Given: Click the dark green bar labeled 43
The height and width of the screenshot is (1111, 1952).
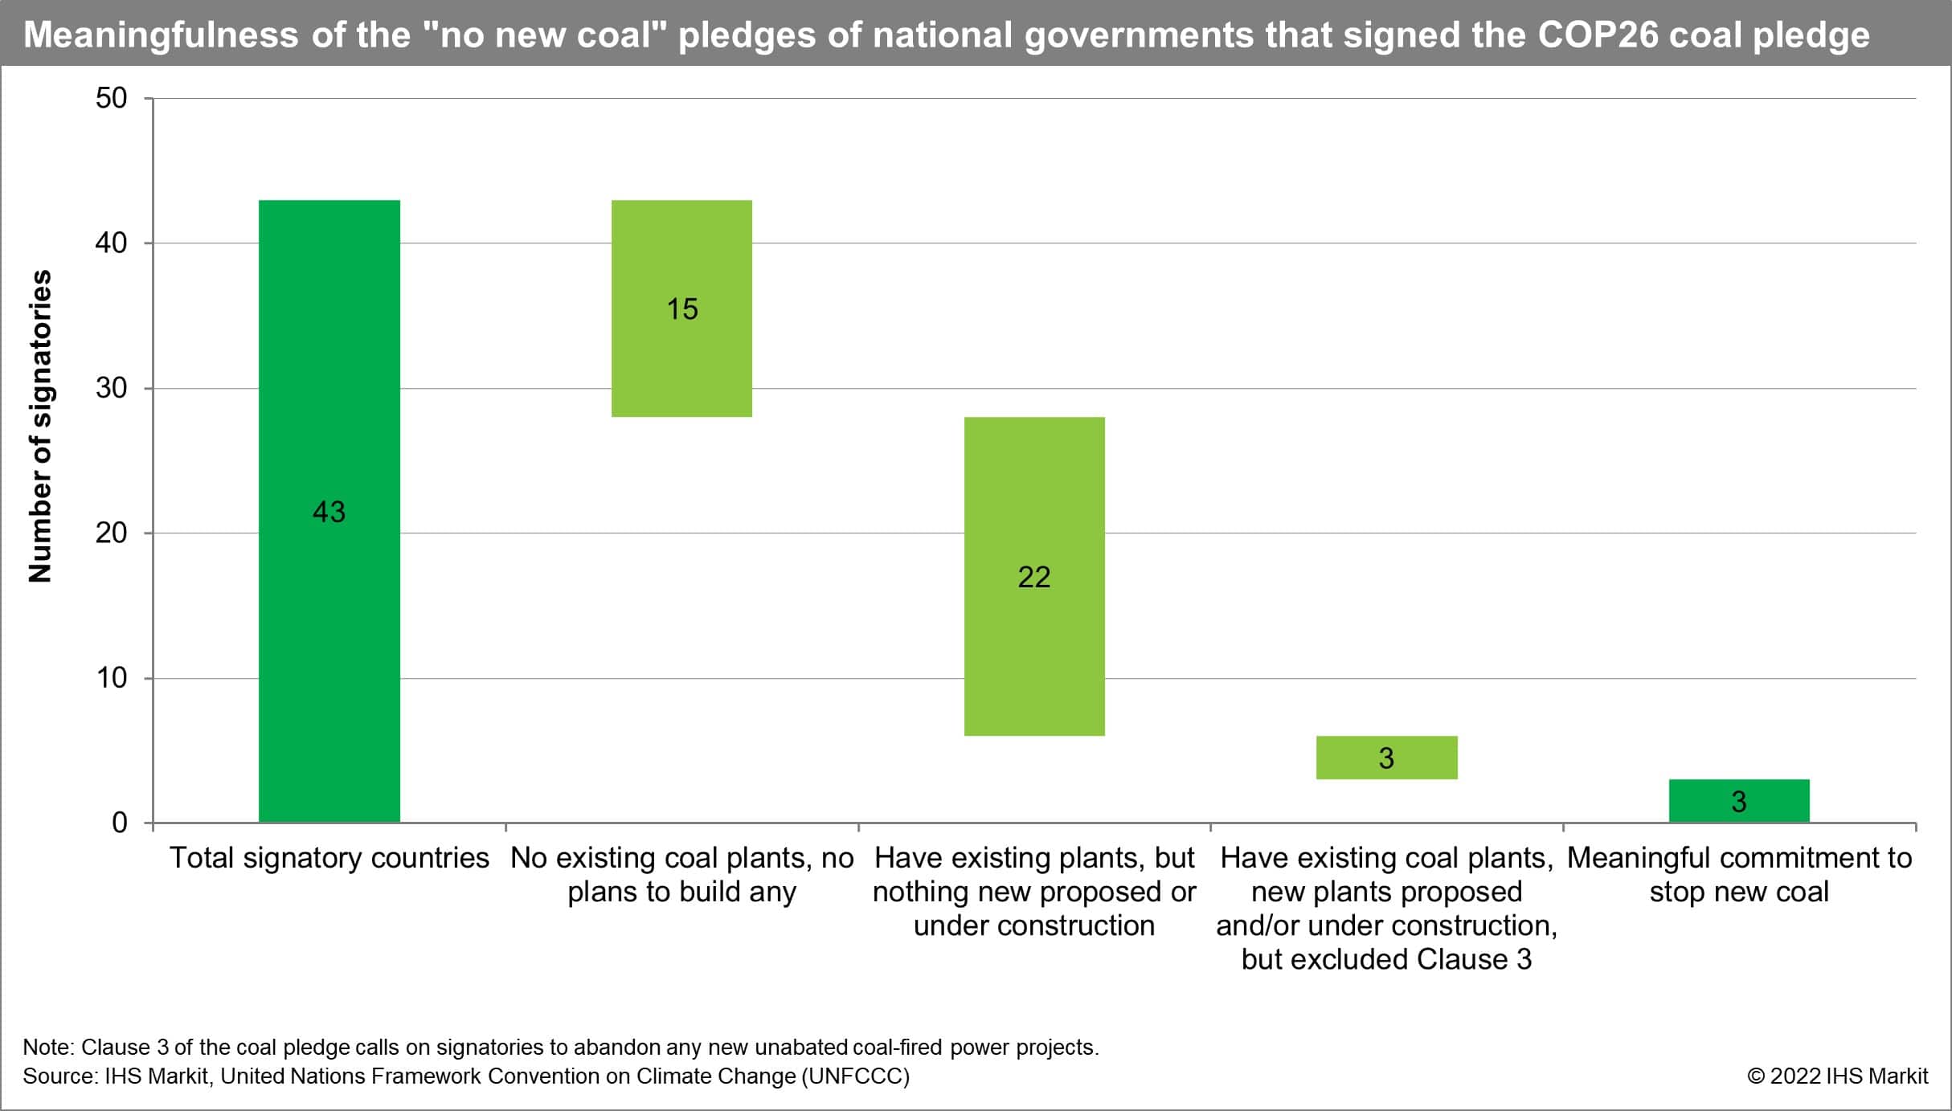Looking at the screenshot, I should click(329, 511).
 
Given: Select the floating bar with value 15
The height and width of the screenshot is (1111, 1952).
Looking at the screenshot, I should click(681, 308).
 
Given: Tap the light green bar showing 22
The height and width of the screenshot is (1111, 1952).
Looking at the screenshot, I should click(1033, 576).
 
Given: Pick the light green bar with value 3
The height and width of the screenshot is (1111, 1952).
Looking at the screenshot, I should click(1386, 758).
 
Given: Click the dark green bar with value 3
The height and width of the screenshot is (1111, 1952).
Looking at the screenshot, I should click(1738, 801).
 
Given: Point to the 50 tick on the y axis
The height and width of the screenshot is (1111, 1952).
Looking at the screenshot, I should click(112, 98).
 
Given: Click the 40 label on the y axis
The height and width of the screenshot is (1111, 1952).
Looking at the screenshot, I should click(112, 243).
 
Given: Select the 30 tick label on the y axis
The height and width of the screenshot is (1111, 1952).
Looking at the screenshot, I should click(112, 388).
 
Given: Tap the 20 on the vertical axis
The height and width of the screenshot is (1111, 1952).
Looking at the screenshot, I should click(112, 533).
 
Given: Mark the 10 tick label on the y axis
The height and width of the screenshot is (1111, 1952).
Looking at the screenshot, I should click(112, 678).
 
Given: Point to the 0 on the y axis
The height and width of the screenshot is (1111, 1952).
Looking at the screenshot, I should click(120, 823).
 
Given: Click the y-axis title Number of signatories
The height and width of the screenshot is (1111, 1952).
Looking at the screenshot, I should click(40, 426).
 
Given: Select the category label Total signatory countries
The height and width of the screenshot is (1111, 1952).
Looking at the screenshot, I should click(329, 858).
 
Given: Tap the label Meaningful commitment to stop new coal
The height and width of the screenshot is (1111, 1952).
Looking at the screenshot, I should click(1739, 875).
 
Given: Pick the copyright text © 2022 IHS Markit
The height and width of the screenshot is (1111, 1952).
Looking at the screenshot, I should click(1837, 1076).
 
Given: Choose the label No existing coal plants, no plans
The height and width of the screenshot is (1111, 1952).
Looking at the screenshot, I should click(681, 875).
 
